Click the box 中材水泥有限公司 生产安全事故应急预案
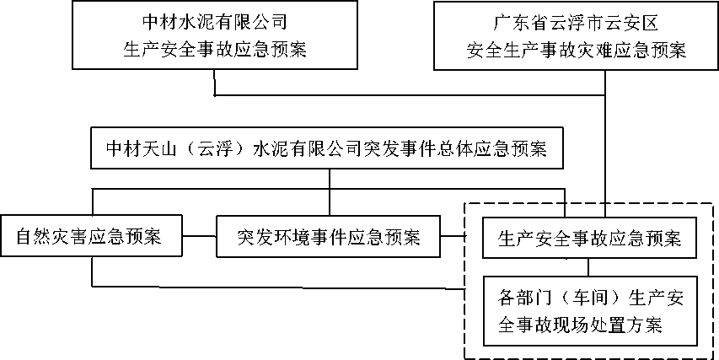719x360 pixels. (x=215, y=35)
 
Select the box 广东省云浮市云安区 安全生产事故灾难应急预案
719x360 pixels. (x=576, y=35)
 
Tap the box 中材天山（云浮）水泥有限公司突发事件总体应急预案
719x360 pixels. (x=327, y=148)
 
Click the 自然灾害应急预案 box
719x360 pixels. (x=91, y=237)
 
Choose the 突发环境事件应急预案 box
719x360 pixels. (x=329, y=237)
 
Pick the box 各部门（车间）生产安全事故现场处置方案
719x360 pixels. (x=589, y=311)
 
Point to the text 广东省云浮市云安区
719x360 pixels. (x=576, y=23)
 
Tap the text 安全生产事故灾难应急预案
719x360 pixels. (x=576, y=50)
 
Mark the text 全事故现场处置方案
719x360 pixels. (x=580, y=325)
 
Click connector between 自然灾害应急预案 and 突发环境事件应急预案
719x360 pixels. (x=200, y=236)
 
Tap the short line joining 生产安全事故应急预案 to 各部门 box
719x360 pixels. (x=589, y=266)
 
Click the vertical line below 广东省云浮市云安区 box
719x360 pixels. (x=605, y=142)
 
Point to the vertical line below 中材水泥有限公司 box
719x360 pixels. (x=215, y=83)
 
